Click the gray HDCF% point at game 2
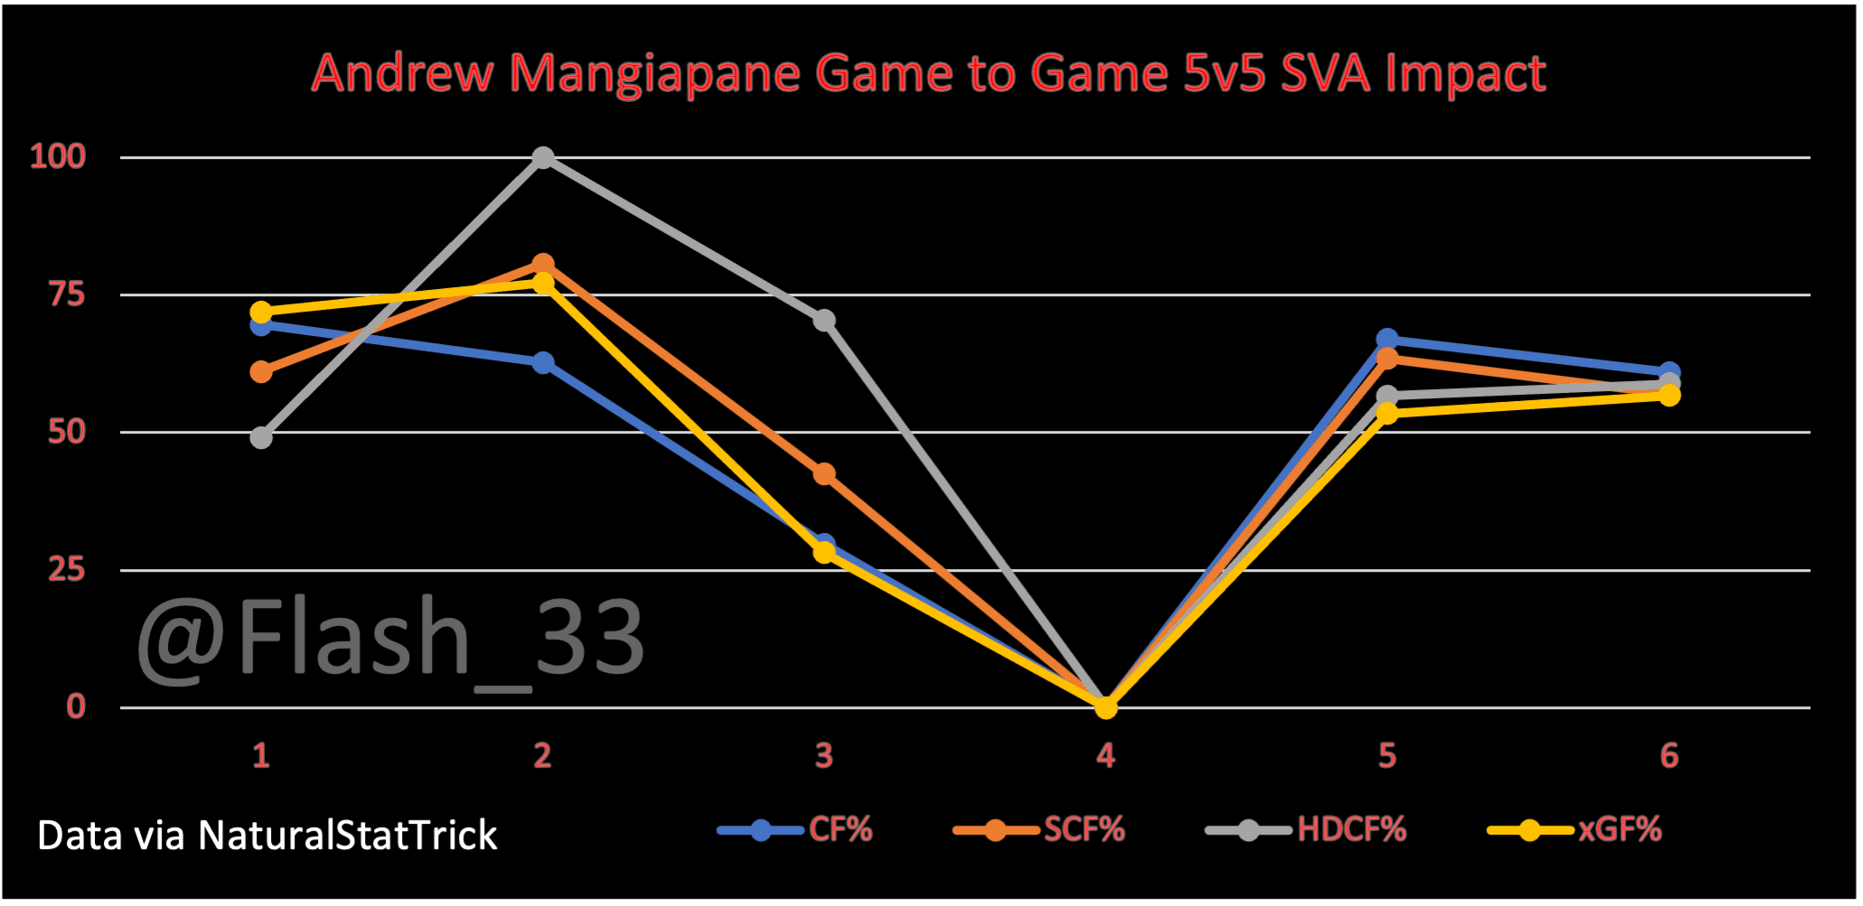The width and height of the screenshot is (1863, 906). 542,158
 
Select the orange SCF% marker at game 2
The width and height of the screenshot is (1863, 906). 542,265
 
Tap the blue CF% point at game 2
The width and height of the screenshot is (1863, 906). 542,363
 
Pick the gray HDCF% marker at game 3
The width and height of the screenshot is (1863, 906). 824,321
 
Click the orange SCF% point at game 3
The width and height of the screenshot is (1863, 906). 824,474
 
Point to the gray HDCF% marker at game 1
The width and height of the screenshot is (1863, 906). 261,438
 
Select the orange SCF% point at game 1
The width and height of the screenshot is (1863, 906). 261,372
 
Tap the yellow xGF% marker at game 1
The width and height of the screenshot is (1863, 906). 261,313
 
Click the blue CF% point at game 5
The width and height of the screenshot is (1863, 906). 1387,340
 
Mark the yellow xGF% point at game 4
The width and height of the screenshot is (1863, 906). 1106,707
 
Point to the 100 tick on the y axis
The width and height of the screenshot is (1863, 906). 58,157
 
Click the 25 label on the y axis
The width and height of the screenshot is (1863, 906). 67,570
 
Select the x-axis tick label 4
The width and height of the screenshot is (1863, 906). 1106,755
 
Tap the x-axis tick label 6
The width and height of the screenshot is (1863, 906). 1669,755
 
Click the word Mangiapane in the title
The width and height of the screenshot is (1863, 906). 654,73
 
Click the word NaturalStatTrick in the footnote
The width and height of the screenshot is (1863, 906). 348,836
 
